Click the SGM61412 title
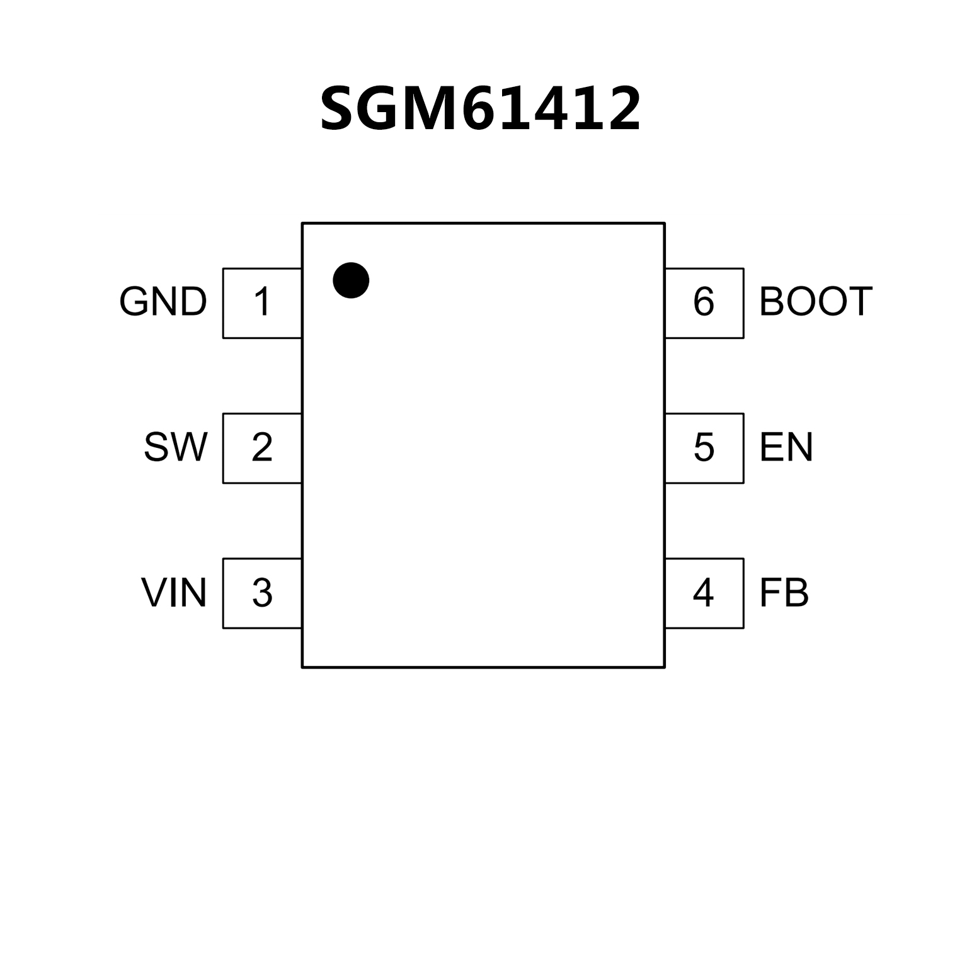481,110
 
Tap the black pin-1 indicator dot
351,280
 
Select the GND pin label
163,302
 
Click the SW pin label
175,447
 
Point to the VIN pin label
174,593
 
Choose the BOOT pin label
816,302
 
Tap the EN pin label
786,447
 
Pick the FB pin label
784,593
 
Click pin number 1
262,302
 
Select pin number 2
262,448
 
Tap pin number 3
262,593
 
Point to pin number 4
704,593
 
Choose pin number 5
704,448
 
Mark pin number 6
704,302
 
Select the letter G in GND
134,302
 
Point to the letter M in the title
429,110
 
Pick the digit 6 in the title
482,110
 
